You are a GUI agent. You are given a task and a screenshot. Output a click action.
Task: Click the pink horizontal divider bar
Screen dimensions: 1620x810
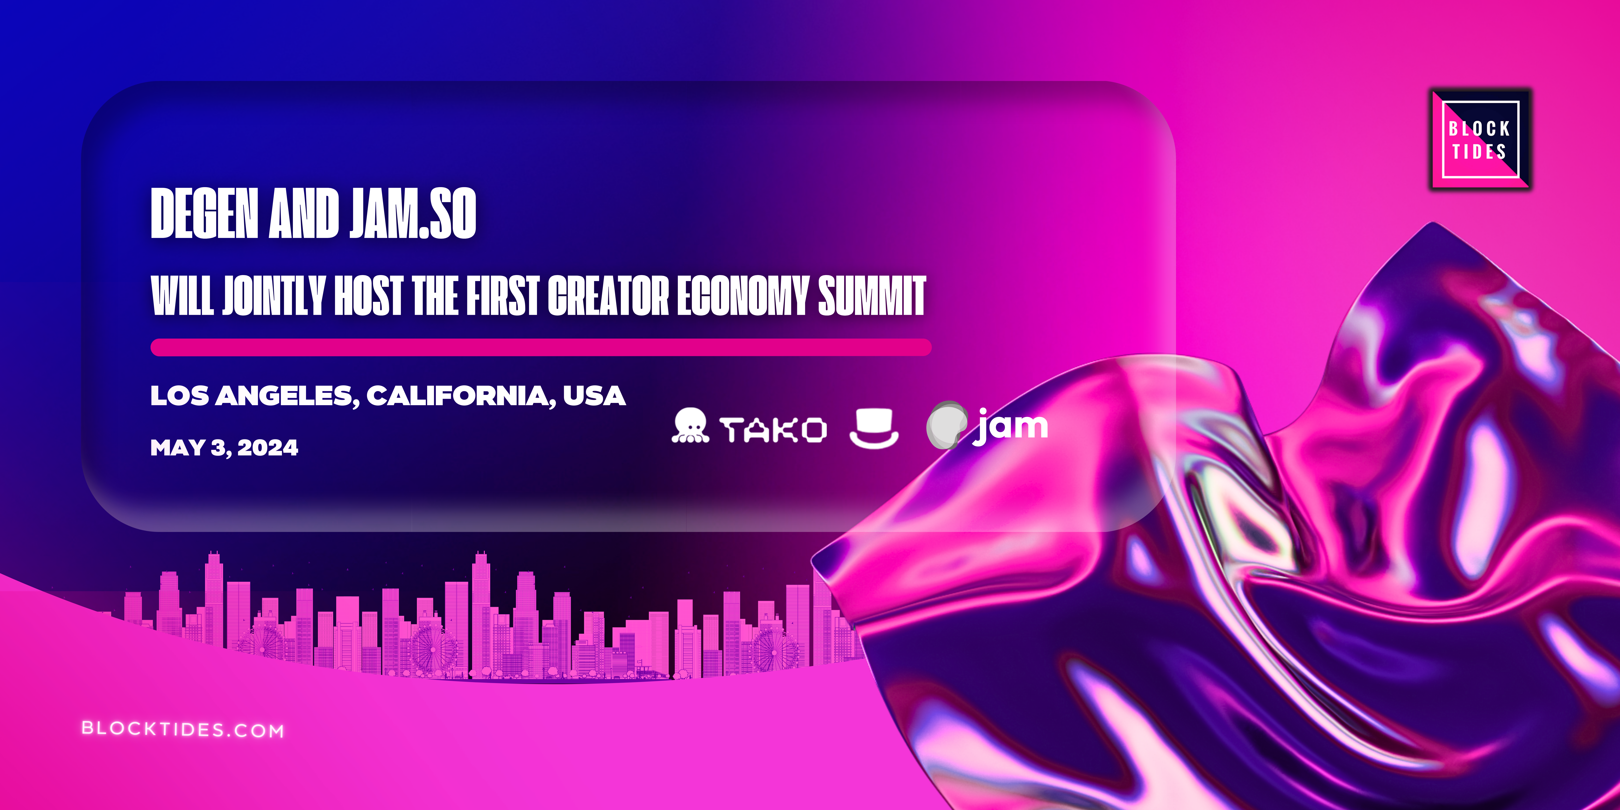point(541,347)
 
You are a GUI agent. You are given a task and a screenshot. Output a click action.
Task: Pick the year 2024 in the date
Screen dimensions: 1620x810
point(268,448)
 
